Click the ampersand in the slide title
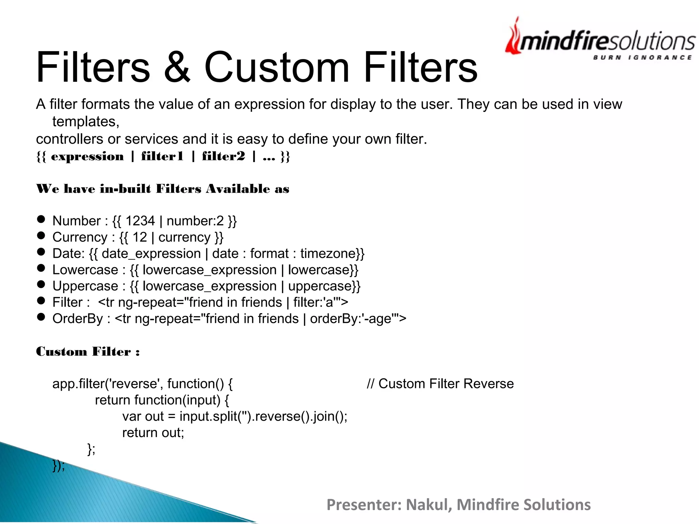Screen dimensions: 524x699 177,67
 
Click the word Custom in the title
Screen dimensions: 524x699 277,67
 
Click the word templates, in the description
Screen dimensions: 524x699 86,122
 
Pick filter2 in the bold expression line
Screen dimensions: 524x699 224,156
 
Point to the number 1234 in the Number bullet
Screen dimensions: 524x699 140,221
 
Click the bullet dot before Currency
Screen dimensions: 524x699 41,235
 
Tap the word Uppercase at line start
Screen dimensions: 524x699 85,286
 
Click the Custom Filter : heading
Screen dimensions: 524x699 88,352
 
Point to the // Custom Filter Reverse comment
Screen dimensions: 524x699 440,384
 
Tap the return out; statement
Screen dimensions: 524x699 153,433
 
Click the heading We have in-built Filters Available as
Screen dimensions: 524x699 162,189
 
